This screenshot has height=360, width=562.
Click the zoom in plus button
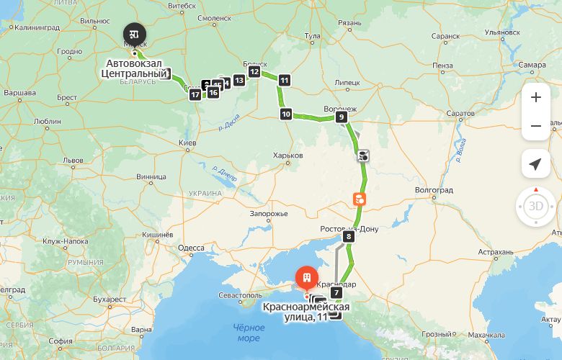click(535, 98)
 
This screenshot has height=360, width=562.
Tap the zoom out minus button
click(535, 127)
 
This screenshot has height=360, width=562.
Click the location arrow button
click(535, 165)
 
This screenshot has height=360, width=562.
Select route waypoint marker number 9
click(342, 117)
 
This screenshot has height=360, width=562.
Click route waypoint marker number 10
click(286, 114)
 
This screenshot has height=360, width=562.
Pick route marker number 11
click(285, 80)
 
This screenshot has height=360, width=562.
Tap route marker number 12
click(254, 71)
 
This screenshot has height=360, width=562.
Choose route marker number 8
click(349, 236)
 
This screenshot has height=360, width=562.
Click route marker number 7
click(336, 292)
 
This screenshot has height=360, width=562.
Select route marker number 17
click(195, 95)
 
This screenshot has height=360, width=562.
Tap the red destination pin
click(307, 278)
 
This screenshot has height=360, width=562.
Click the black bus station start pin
click(134, 34)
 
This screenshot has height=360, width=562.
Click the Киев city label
click(188, 144)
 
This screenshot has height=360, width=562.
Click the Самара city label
click(531, 65)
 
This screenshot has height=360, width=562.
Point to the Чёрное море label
click(246, 333)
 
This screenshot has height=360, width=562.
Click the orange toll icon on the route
click(359, 199)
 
